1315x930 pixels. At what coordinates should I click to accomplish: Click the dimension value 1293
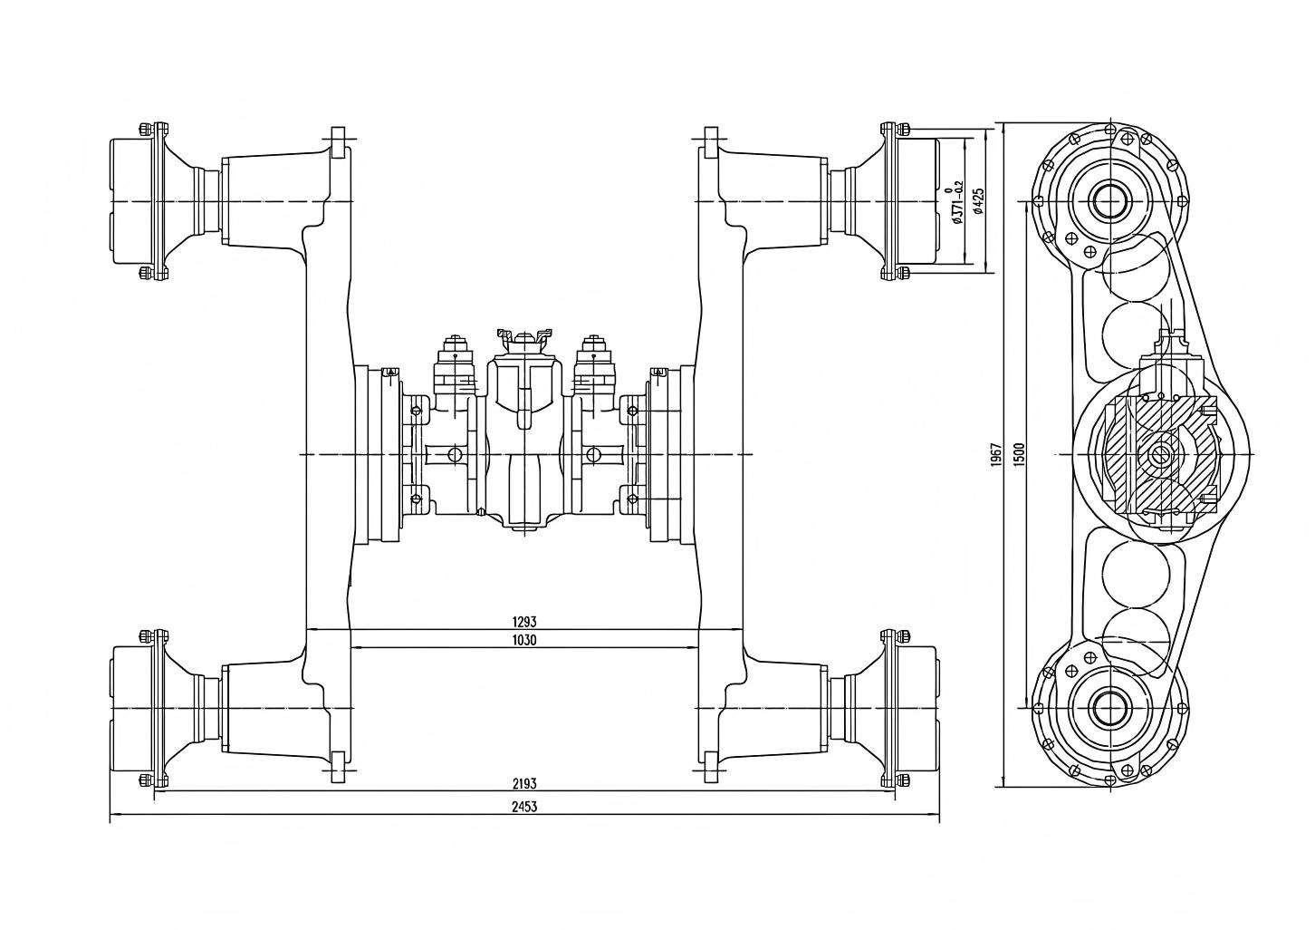click(524, 622)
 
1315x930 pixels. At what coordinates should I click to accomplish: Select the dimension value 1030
click(524, 640)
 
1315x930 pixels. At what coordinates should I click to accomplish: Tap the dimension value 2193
click(524, 784)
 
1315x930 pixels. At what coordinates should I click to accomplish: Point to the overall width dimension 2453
click(524, 807)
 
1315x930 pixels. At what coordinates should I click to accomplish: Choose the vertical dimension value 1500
click(1019, 454)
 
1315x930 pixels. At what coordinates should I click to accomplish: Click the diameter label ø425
click(977, 201)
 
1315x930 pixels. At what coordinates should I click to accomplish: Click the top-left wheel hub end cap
click(133, 201)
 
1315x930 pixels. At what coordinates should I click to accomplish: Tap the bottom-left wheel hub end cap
click(133, 707)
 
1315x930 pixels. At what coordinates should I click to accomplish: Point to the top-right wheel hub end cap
click(917, 201)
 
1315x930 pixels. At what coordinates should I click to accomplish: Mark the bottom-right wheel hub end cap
click(917, 707)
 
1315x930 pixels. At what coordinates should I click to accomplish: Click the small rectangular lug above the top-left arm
click(338, 143)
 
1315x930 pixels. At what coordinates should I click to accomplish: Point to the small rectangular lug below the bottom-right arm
click(710, 766)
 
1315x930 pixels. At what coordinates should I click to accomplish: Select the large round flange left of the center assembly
click(379, 454)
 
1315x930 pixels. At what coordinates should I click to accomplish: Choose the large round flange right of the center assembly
click(670, 454)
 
